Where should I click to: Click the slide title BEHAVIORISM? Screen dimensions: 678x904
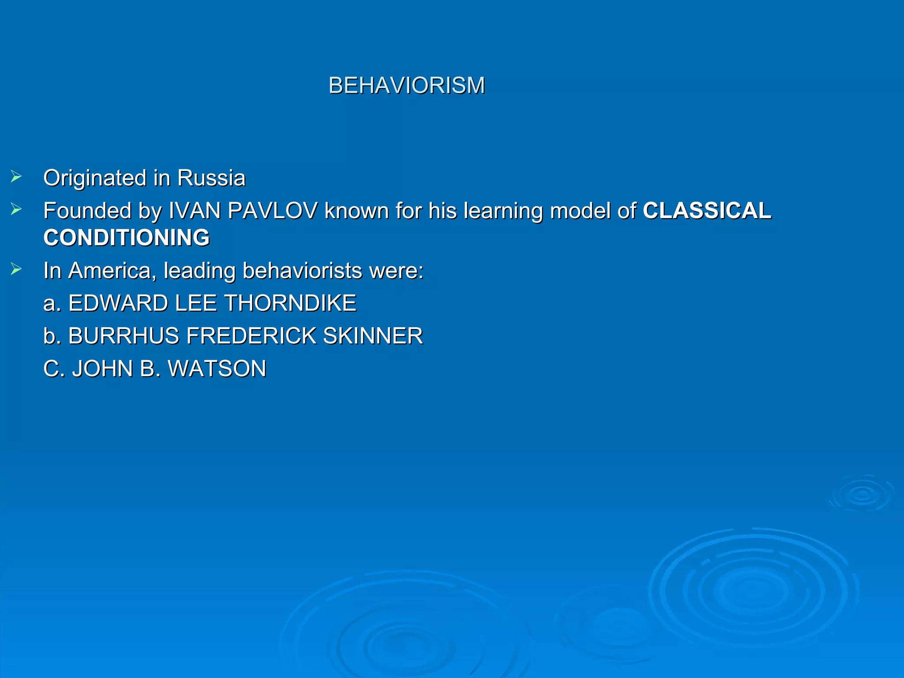[407, 85]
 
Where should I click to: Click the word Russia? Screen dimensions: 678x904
[211, 178]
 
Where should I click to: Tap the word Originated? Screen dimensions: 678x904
[95, 178]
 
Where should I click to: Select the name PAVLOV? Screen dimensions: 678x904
[272, 211]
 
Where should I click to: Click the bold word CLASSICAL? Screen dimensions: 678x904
[707, 211]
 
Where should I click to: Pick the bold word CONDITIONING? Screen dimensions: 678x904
[127, 237]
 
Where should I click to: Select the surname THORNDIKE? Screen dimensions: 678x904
[290, 303]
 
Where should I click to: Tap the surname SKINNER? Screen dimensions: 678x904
[373, 336]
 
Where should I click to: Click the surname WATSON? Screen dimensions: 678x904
[217, 369]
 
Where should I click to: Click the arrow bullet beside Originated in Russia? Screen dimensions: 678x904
[16, 177]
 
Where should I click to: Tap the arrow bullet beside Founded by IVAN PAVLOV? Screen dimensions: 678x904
[16, 210]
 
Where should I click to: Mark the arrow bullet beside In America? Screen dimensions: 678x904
[16, 269]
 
